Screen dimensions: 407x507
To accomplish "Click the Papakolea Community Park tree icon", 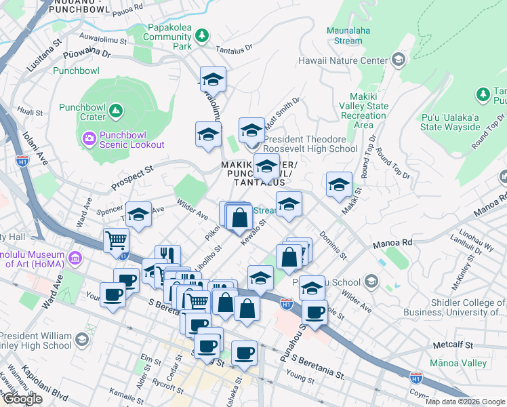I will pyautogui.click(x=201, y=35).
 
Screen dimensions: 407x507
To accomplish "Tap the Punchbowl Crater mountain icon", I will pyautogui.click(x=115, y=110).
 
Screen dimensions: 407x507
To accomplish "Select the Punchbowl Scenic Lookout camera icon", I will pyautogui.click(x=89, y=139).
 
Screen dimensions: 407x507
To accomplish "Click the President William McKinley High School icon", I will pyautogui.click(x=81, y=339).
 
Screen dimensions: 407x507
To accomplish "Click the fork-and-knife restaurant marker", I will pyautogui.click(x=167, y=255).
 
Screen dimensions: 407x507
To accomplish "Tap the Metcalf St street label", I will pyautogui.click(x=452, y=345).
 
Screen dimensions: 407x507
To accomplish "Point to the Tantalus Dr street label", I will pyautogui.click(x=234, y=50).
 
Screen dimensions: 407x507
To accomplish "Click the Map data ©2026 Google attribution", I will pyautogui.click(x=464, y=402).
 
